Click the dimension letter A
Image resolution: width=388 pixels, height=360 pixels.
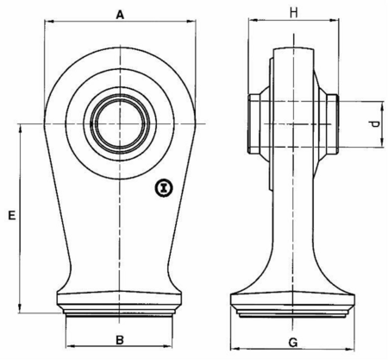(x=120, y=15)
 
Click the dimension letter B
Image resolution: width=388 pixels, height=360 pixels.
(x=120, y=340)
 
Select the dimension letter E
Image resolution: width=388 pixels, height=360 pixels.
(x=11, y=215)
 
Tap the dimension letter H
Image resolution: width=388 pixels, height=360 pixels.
(x=293, y=13)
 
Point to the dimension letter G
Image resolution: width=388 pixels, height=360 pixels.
(x=293, y=343)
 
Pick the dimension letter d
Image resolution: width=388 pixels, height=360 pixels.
(x=375, y=124)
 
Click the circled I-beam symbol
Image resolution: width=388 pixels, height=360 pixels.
(x=164, y=188)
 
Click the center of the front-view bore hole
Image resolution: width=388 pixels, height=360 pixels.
(x=120, y=123)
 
